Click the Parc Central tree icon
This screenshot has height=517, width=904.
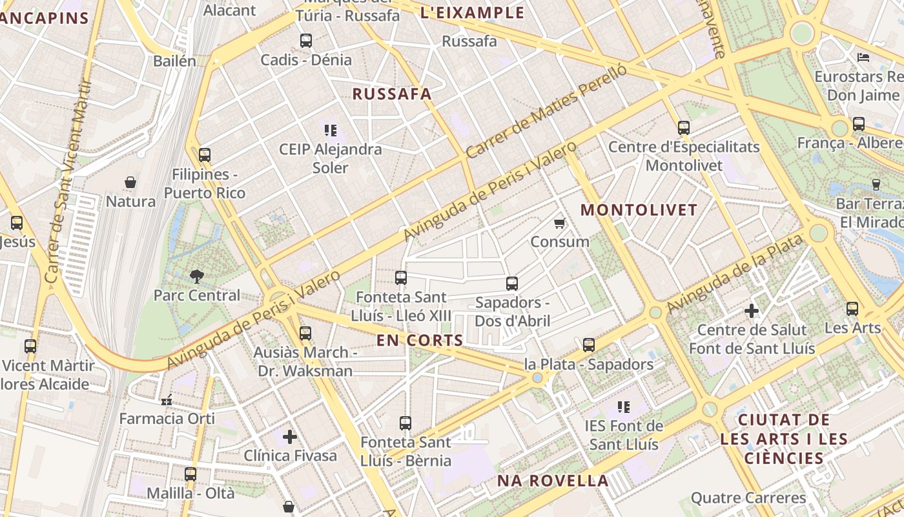196,277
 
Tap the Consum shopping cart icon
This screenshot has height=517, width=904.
560,224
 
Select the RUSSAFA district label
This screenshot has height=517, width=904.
391,94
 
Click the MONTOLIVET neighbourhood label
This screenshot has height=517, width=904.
639,210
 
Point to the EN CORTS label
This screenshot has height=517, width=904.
420,341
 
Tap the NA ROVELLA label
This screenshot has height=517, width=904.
553,481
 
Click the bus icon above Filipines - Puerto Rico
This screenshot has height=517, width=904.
205,155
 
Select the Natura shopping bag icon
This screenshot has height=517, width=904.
130,183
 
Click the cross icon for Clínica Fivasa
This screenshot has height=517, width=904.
290,437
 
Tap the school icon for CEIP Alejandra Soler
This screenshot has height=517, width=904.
331,131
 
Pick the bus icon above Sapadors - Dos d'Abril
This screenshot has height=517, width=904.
512,283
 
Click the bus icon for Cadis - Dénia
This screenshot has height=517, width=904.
306,41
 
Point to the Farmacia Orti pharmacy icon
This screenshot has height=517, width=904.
167,400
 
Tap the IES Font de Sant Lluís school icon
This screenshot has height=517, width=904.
624,407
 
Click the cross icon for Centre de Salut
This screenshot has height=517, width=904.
752,311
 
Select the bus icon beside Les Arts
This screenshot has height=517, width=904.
852,309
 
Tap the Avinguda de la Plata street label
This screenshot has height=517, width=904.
736,274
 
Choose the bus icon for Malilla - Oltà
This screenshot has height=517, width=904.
190,474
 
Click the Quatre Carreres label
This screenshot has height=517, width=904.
748,498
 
